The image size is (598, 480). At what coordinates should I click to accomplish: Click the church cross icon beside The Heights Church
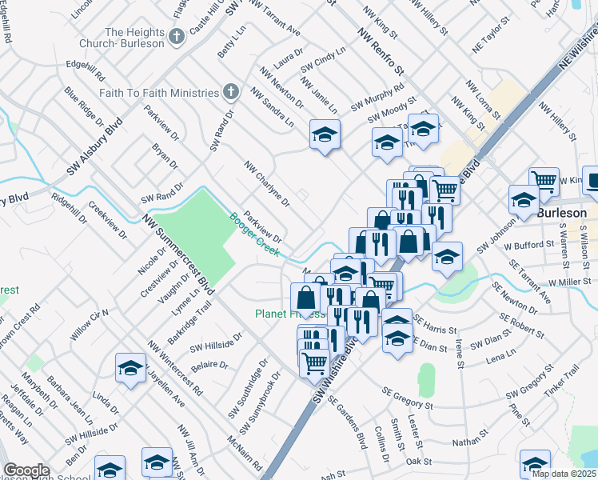[176, 34]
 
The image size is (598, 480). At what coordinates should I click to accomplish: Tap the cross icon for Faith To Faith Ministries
[231, 91]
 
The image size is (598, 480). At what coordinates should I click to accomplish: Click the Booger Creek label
[253, 234]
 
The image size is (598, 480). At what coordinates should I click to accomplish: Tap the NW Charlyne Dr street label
[266, 183]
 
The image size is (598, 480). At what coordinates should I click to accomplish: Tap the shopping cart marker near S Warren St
[544, 181]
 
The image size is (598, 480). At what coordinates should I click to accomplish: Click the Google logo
[26, 470]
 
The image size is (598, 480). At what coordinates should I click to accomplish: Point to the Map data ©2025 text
[564, 474]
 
